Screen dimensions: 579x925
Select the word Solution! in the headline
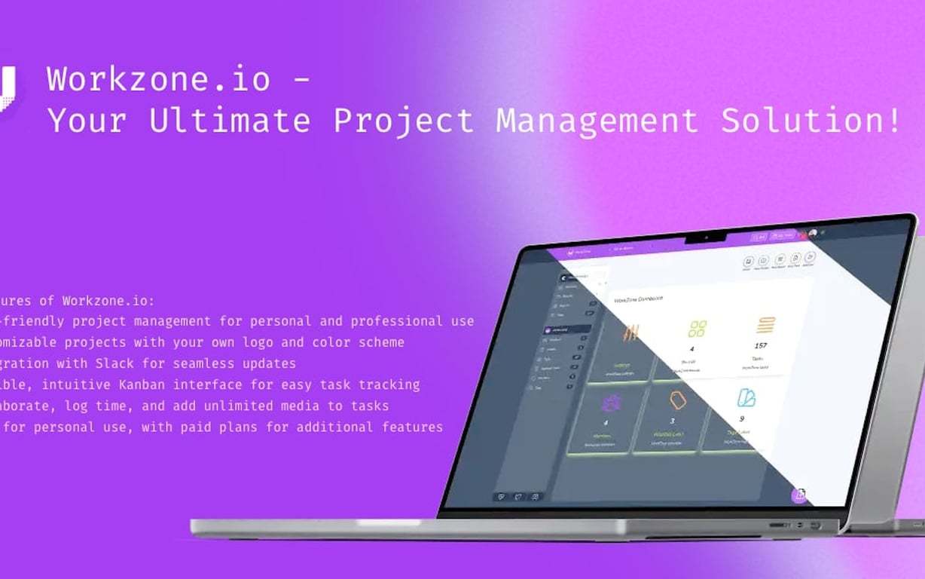pos(811,121)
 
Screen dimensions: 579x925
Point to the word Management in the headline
pos(597,121)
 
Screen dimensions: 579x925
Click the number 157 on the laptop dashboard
pos(760,346)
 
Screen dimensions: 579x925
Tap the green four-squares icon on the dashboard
pos(698,329)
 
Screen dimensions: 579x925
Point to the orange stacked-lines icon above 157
pos(766,326)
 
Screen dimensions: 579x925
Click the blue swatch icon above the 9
pos(746,397)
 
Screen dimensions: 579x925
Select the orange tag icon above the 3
pos(678,400)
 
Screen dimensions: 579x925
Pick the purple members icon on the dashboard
pos(610,403)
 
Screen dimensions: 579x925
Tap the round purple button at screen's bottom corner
pos(800,495)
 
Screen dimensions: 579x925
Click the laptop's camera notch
pos(706,238)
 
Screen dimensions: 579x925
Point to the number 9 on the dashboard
pos(741,419)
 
